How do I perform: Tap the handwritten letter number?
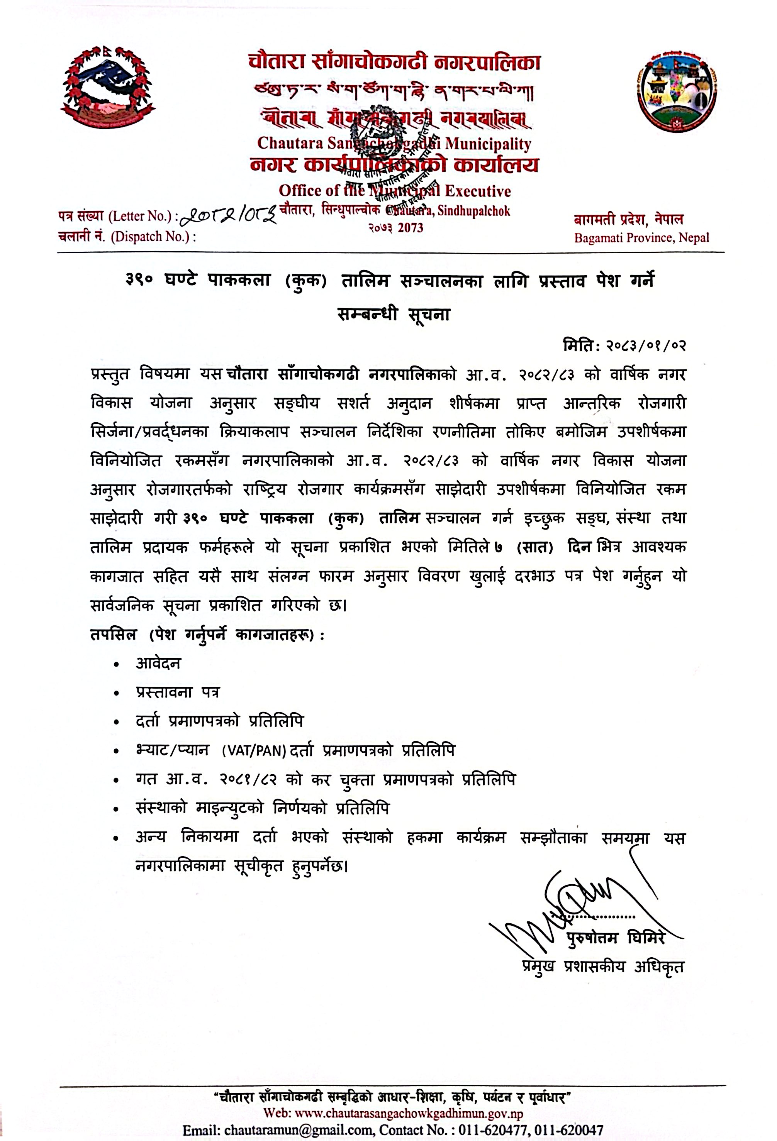tap(227, 215)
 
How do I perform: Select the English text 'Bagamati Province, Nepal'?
tap(641, 238)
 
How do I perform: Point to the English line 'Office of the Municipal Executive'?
tap(394, 191)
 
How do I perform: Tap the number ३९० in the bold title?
tap(139, 280)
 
